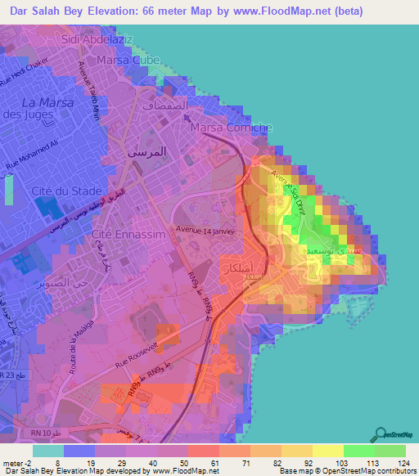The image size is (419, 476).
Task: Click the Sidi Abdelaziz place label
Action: (x=95, y=38)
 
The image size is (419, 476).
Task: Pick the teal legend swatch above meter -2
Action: (x=47, y=451)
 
